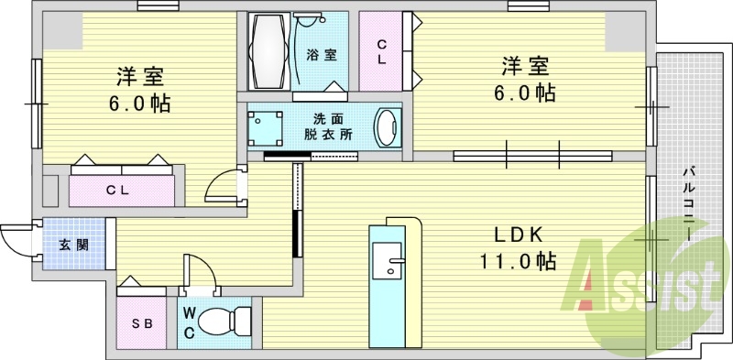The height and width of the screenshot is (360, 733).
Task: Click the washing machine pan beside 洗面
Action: coord(265,126)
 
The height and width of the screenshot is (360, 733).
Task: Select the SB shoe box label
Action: coord(141,323)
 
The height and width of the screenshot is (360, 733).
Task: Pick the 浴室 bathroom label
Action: coord(321,54)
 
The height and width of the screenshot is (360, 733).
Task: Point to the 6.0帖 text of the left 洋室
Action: coord(140,103)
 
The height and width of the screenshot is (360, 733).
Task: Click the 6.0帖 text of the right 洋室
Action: coord(523,93)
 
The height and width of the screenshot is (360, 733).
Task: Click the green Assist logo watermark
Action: coord(641,284)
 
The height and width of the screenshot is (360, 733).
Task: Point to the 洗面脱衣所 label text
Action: coord(327,125)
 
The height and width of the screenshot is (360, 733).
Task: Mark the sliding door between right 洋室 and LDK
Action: coord(531,155)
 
